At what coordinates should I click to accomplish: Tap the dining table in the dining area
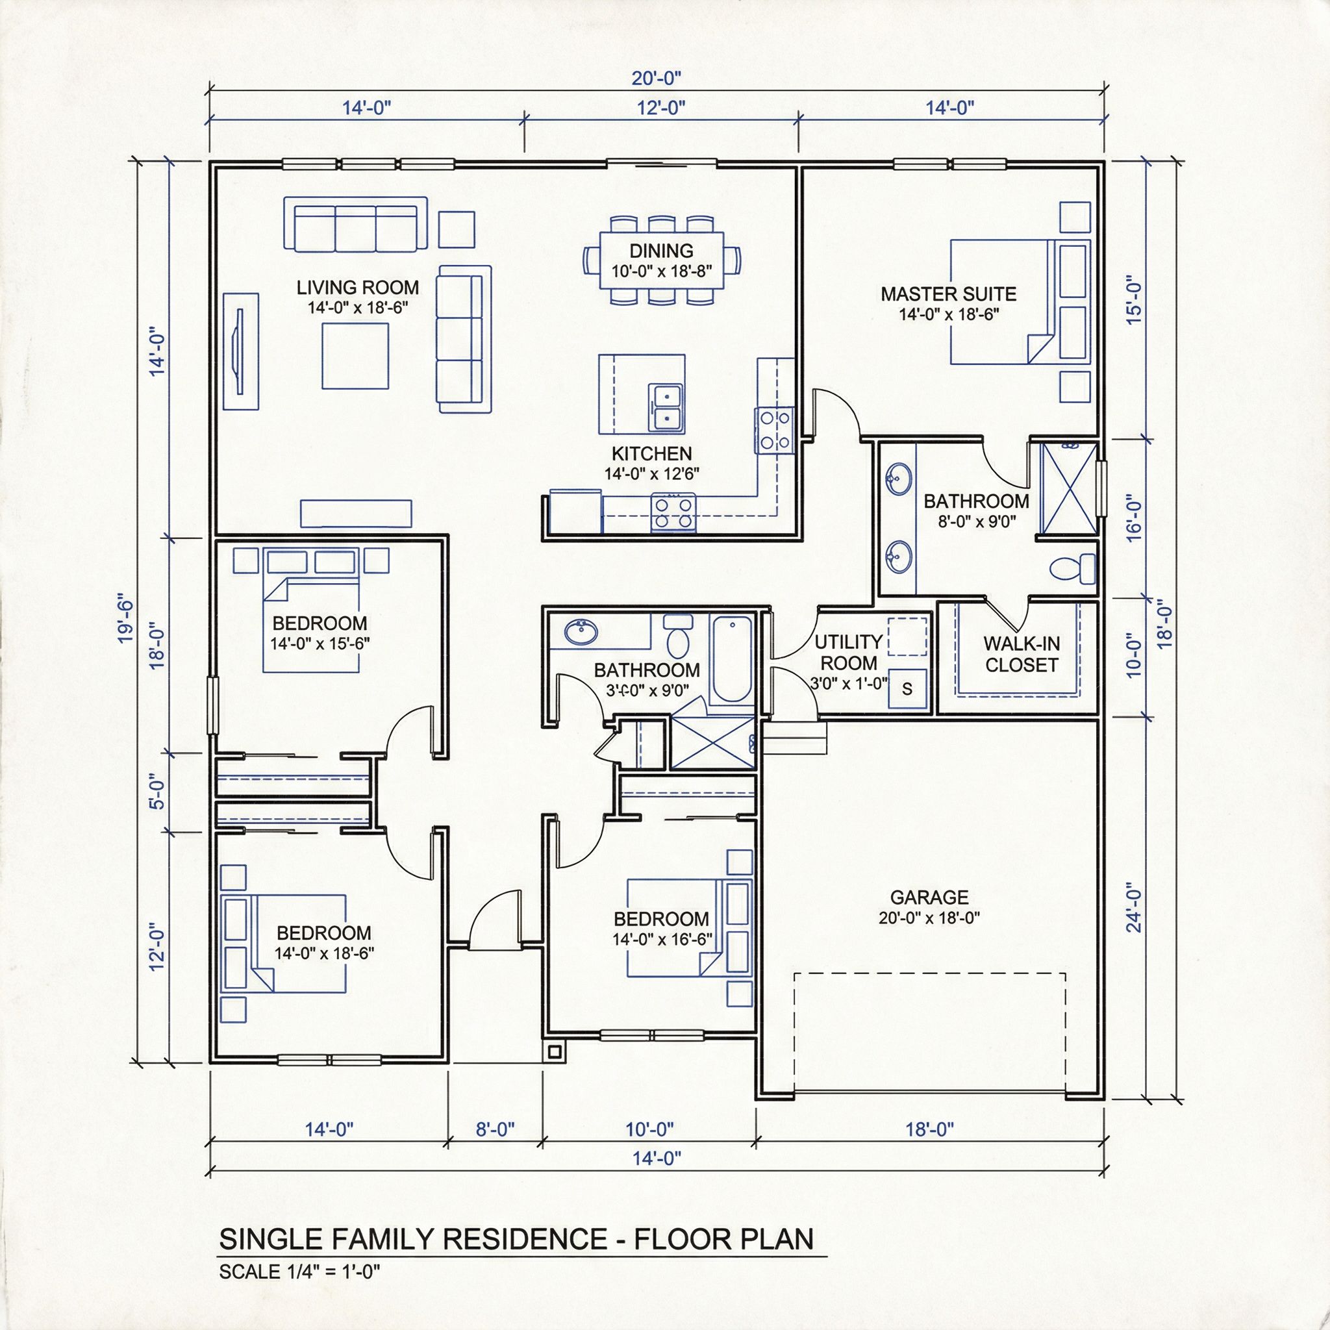[661, 261]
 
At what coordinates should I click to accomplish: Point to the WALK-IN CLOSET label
[1021, 654]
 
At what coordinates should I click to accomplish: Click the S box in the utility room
[907, 688]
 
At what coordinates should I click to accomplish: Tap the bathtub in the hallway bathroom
[733, 660]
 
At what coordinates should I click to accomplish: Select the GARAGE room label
[929, 897]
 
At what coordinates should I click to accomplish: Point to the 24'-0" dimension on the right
[1135, 910]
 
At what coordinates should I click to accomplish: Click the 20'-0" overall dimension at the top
[656, 78]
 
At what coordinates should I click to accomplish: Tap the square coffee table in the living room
[355, 356]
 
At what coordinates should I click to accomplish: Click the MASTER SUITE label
[948, 295]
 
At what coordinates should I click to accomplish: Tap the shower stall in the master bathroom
[1069, 488]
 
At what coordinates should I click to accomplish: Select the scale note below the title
[299, 1272]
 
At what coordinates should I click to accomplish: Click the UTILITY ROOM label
[848, 653]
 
